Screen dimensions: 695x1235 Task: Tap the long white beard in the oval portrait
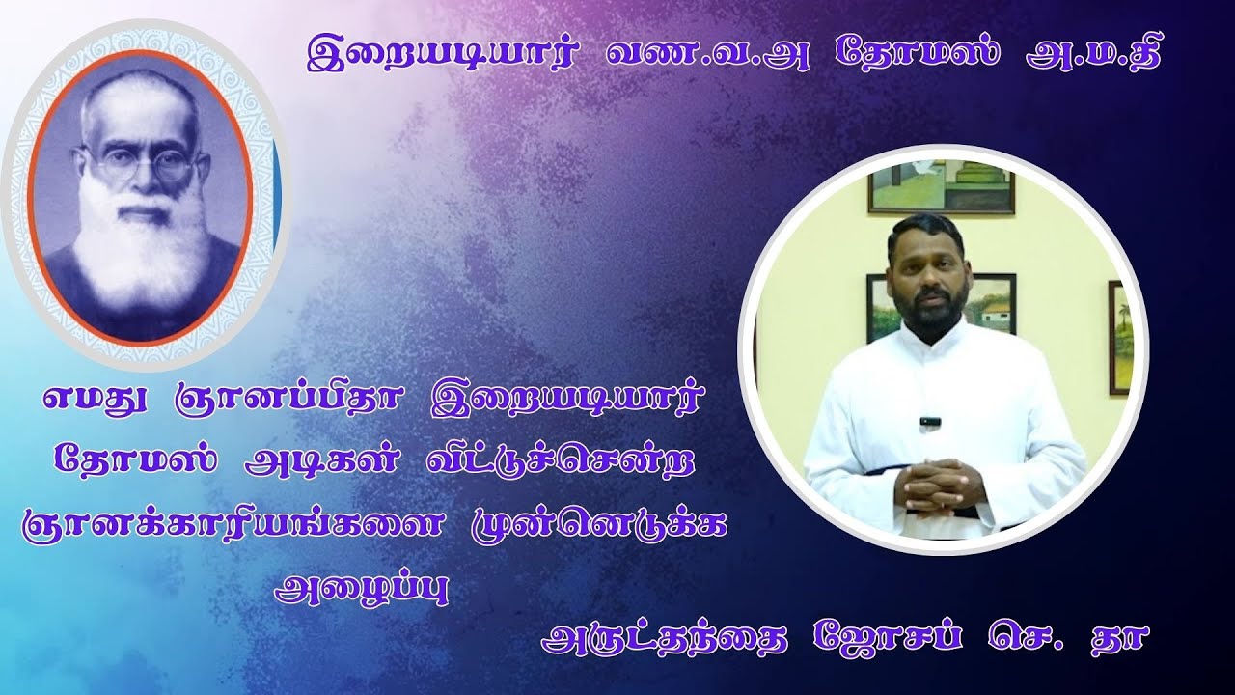145,241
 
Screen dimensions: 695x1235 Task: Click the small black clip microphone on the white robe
929,422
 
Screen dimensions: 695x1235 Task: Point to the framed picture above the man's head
941,186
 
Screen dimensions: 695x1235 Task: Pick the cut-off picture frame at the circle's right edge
1118,338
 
